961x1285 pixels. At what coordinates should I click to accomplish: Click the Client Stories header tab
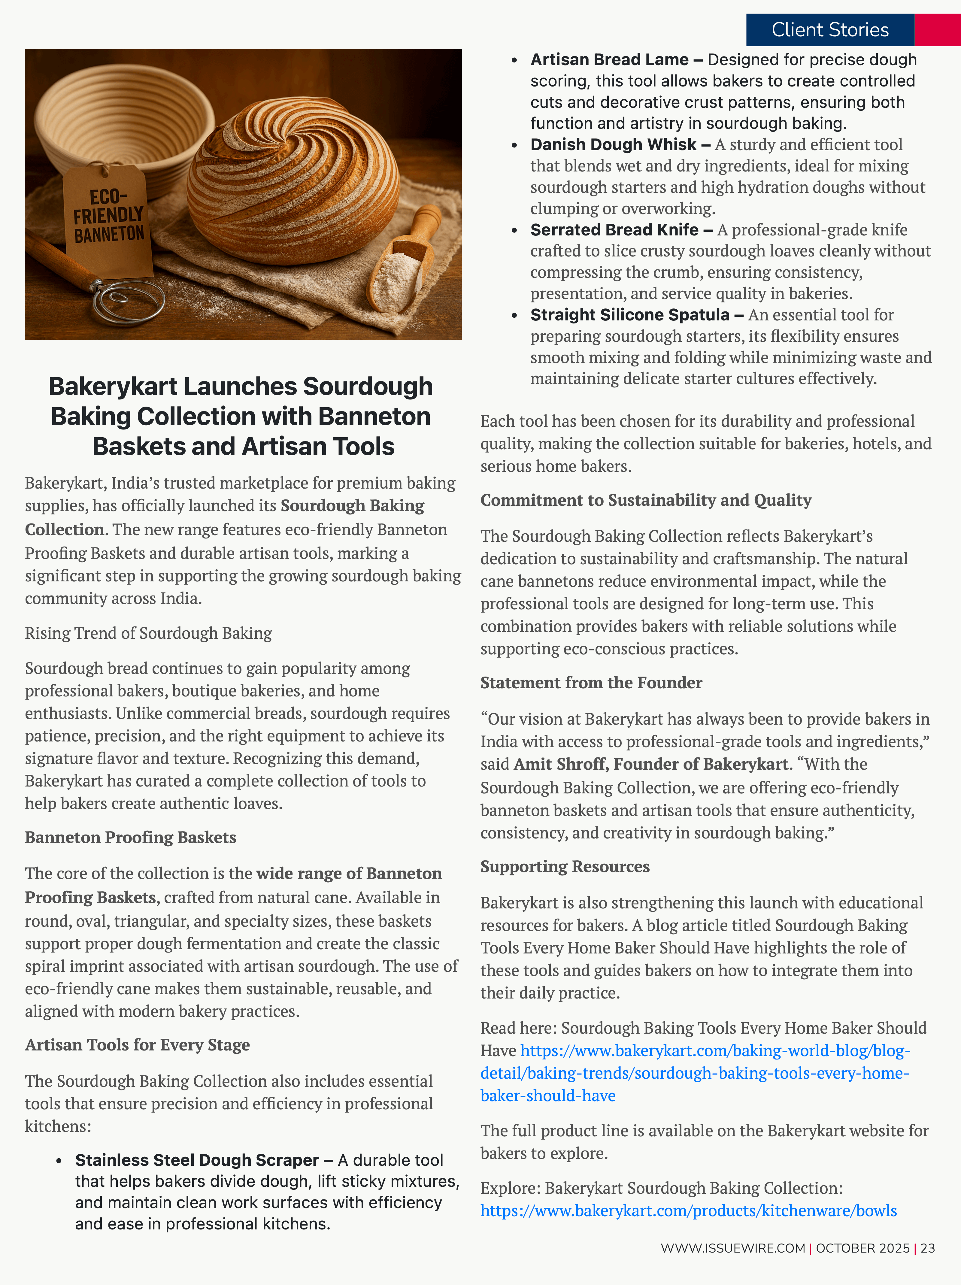point(830,30)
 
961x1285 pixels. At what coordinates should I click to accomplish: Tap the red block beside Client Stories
point(937,30)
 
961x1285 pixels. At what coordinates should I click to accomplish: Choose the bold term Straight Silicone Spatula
point(630,315)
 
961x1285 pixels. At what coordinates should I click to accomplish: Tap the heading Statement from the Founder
point(591,683)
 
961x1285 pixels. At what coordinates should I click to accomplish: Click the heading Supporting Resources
point(565,866)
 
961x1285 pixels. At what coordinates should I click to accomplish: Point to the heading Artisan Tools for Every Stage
point(137,1044)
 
